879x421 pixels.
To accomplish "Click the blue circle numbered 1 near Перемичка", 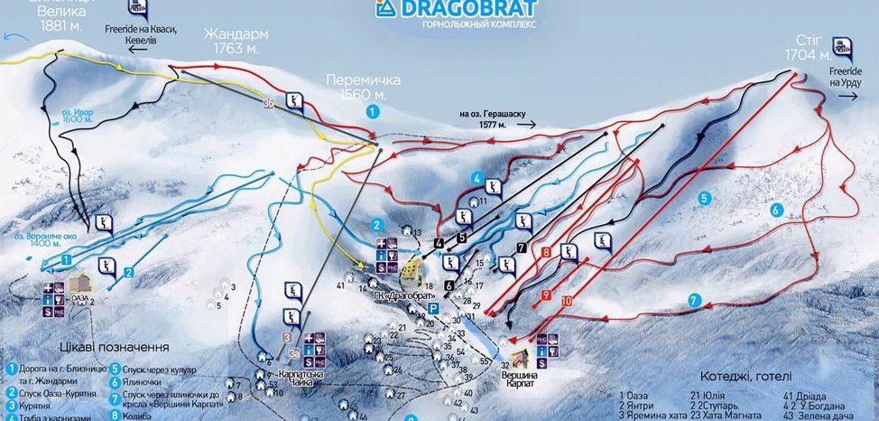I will tap(371, 111).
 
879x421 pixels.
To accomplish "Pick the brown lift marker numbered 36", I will tap(268, 104).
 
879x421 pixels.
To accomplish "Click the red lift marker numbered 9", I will tap(545, 295).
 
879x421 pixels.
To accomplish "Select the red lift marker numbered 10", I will tap(566, 300).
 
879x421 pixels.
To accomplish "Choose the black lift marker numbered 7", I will tap(521, 248).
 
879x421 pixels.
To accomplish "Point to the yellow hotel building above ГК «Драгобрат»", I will tap(412, 270).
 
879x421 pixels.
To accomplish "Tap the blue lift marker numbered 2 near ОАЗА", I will tap(129, 271).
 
